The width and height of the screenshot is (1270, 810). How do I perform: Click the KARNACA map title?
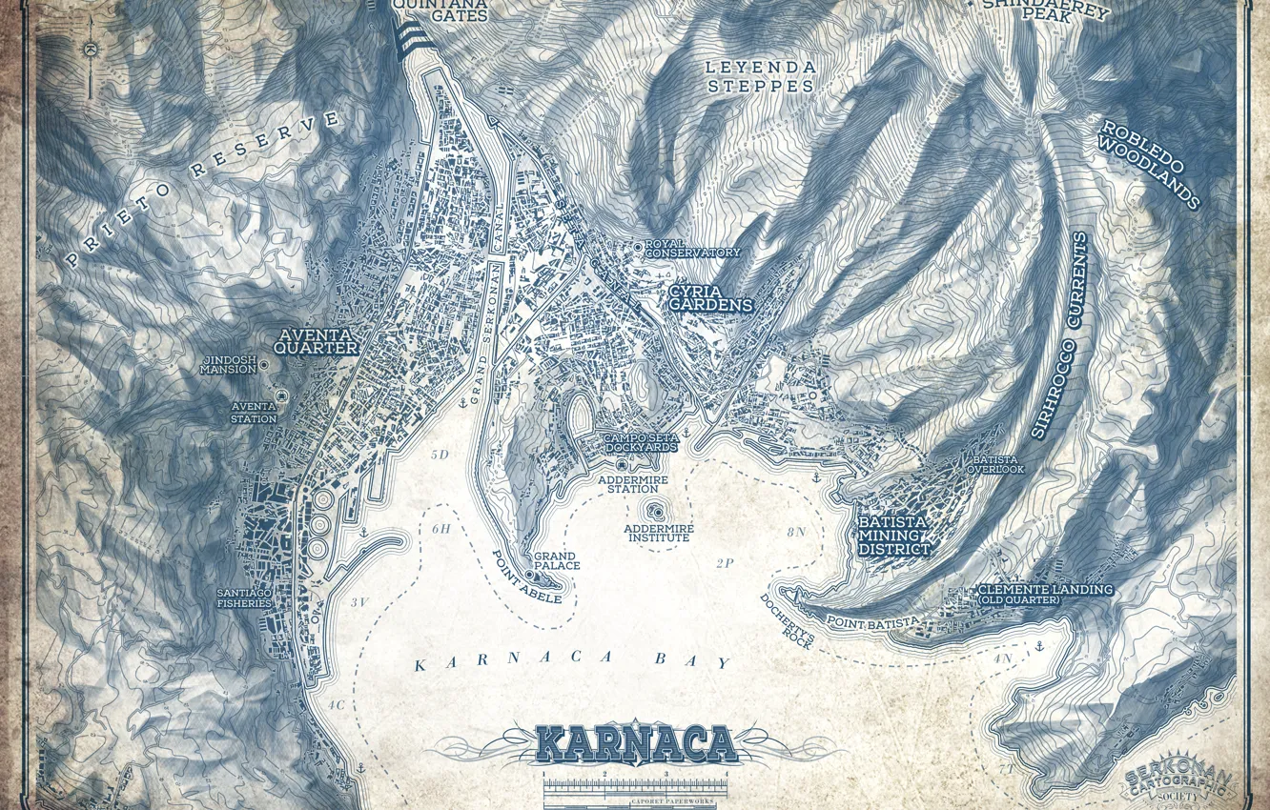tap(636, 743)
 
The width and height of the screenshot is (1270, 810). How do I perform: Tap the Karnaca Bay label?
tap(574, 662)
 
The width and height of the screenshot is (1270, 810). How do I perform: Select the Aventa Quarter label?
tap(316, 341)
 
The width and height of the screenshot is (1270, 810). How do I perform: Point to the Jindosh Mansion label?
tap(228, 364)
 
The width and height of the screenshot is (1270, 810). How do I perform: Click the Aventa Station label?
tap(254, 413)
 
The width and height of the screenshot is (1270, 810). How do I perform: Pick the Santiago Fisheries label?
tap(244, 597)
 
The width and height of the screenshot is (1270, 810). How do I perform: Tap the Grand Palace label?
tap(557, 560)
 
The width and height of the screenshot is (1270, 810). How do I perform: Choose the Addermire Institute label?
tap(658, 533)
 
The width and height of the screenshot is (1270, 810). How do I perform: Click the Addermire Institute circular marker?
tap(656, 512)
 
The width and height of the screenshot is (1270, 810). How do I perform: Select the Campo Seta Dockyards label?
tap(641, 442)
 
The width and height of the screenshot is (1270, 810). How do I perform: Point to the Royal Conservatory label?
tap(692, 249)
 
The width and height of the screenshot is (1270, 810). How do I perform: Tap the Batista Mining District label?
tap(893, 536)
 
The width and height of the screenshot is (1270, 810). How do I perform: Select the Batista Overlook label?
tap(995, 464)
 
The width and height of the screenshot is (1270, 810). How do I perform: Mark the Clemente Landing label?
tap(1045, 594)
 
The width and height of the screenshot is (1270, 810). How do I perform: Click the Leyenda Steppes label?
tap(760, 76)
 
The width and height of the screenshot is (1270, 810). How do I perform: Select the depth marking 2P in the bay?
tap(725, 562)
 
